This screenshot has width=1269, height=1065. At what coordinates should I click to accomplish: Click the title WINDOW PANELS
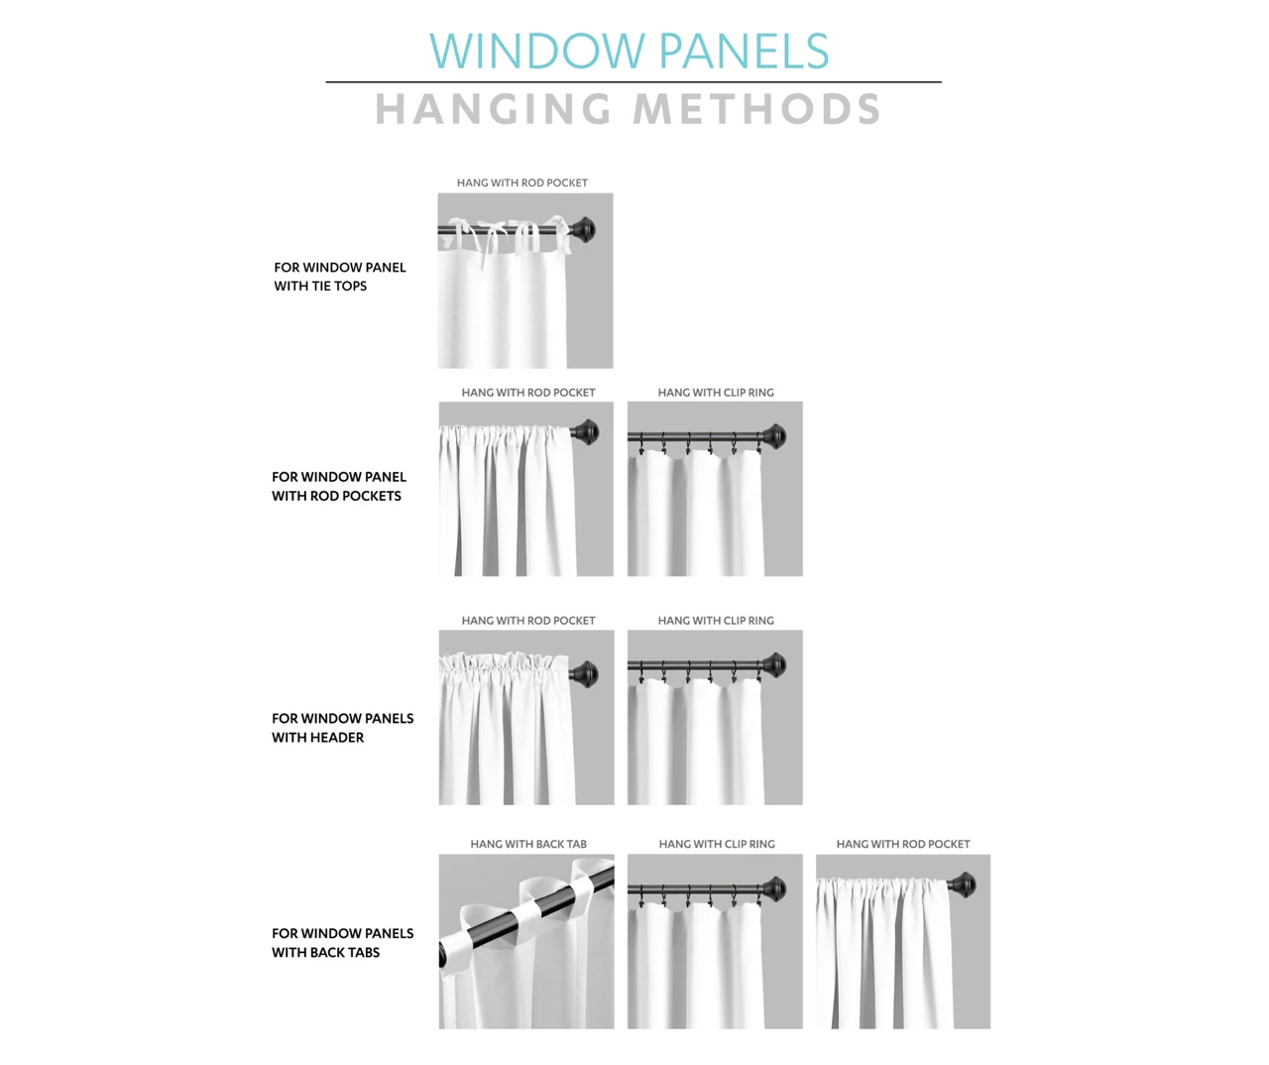pos(629,51)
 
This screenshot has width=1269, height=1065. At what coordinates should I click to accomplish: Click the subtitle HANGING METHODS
pos(629,109)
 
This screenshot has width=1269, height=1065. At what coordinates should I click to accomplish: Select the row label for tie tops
pos(340,277)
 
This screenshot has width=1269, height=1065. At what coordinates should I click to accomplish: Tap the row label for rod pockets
pos(339,486)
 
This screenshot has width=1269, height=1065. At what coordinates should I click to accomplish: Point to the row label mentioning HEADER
pos(343,728)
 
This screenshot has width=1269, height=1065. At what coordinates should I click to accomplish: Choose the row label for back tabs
pos(343,943)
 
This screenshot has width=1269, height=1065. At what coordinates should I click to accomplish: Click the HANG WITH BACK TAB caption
pos(528,844)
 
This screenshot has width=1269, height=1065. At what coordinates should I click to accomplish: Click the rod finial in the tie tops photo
pos(584,230)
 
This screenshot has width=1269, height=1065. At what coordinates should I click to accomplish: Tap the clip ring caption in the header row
pos(716,621)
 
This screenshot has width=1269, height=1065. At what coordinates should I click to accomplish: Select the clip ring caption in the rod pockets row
pos(716,393)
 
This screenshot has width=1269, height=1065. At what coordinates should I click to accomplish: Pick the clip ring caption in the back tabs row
pos(717,844)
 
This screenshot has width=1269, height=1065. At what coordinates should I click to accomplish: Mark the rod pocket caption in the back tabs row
pos(903,844)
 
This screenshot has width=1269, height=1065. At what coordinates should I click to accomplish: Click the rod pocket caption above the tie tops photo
pos(522,182)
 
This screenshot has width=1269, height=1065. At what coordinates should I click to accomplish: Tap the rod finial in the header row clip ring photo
pos(774,665)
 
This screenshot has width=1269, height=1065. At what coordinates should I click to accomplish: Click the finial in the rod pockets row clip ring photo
pos(774,436)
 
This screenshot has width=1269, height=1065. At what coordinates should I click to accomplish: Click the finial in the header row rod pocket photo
pos(585,673)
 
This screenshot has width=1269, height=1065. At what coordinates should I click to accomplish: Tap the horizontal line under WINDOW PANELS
pos(634,81)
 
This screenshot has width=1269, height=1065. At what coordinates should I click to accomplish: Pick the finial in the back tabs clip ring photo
pos(774,889)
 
